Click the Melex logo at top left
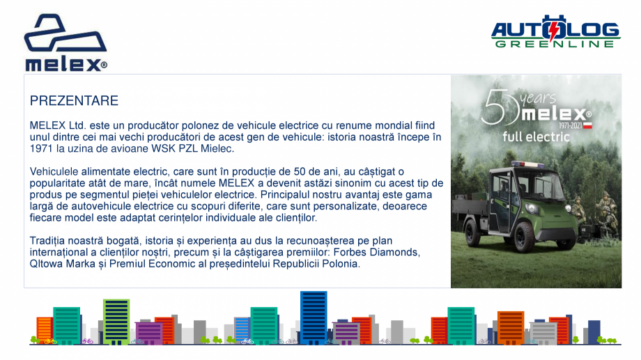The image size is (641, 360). coord(65,43)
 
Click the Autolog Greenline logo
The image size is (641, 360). coord(555,32)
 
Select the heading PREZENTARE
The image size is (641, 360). coord(74,101)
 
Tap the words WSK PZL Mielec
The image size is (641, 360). coord(199,148)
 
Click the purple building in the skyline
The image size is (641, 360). coord(148,333)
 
